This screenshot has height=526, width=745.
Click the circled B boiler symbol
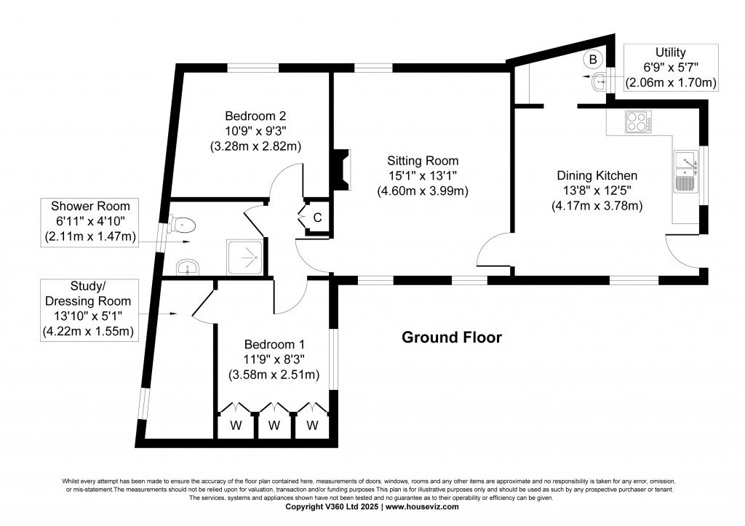click(593, 60)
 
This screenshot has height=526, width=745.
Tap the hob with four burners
click(638, 121)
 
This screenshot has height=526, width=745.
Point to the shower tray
click(244, 258)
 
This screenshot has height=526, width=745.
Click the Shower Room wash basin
click(188, 268)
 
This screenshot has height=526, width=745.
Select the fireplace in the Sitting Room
click(341, 170)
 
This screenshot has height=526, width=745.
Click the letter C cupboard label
click(317, 218)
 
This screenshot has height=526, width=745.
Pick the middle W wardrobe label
click(274, 426)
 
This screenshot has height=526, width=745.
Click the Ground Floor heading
click(451, 338)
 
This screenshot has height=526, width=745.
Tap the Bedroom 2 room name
click(255, 116)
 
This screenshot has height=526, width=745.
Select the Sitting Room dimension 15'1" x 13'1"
click(423, 176)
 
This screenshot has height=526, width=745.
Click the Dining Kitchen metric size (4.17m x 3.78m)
click(597, 206)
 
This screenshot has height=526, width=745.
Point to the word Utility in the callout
click(670, 52)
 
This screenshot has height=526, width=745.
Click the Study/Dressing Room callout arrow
click(158, 314)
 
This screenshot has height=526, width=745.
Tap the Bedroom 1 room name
click(274, 345)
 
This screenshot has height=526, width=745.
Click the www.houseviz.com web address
click(422, 506)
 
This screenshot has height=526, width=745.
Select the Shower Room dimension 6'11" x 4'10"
click(90, 221)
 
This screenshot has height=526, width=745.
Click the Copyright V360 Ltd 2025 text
click(332, 506)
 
